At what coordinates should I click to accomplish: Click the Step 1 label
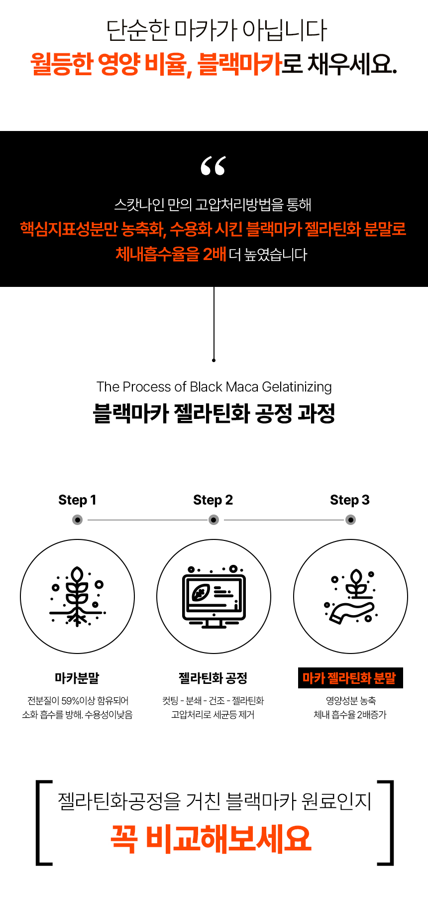(x=77, y=500)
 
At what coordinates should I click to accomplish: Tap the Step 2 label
(x=213, y=500)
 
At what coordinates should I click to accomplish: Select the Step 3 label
(x=350, y=500)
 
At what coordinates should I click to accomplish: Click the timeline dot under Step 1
(x=78, y=520)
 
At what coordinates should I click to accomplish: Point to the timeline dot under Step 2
(x=214, y=520)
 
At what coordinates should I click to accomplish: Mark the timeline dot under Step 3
(x=351, y=520)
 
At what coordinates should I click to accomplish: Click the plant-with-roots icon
(x=77, y=597)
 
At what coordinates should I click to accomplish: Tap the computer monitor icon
(x=214, y=597)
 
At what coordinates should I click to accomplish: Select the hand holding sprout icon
(x=351, y=597)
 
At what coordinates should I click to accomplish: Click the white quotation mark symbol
(x=214, y=166)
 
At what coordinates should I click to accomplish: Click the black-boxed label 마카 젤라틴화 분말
(x=350, y=678)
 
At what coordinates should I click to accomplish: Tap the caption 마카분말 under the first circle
(x=77, y=678)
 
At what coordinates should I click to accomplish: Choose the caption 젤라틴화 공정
(x=213, y=678)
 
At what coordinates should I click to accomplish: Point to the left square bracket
(x=43, y=822)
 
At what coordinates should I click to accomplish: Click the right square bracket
(x=386, y=822)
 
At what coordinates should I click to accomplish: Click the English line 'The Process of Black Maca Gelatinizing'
(x=214, y=387)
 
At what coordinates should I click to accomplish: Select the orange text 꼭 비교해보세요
(x=211, y=839)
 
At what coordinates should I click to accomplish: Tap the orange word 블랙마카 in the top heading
(x=240, y=64)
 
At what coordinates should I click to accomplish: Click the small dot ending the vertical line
(x=214, y=360)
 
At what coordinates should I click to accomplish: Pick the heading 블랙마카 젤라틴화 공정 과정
(x=214, y=413)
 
